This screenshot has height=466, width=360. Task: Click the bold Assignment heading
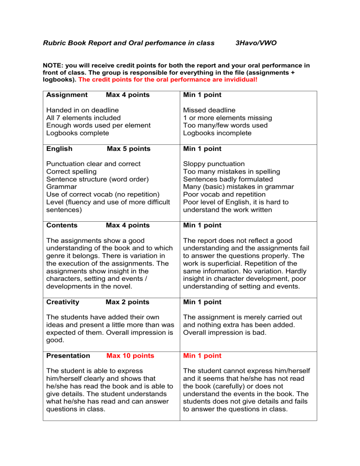pyautogui.click(x=67, y=95)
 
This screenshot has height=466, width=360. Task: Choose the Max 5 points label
pyautogui.click(x=128, y=149)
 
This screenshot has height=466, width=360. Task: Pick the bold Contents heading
pyautogui.click(x=63, y=225)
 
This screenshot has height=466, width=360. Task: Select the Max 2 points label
pyautogui.click(x=128, y=302)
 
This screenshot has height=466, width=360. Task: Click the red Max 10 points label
pyautogui.click(x=130, y=356)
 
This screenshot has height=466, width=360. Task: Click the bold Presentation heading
pyautogui.click(x=68, y=356)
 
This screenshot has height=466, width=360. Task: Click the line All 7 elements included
pyautogui.click(x=83, y=118)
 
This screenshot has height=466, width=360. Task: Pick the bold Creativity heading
pyautogui.click(x=63, y=302)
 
